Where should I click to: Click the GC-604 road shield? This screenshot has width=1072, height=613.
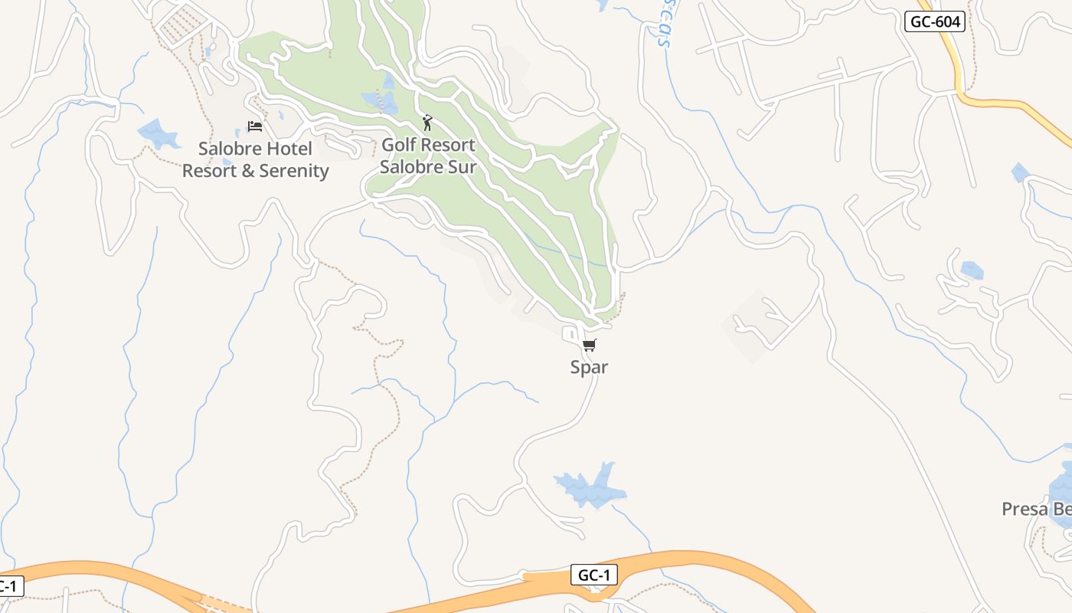coord(934,21)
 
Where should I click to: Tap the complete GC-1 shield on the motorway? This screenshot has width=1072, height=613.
coord(593,575)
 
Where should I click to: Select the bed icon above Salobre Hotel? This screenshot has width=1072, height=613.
coord(255,126)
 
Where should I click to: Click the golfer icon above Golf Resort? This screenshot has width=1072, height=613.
coord(427,123)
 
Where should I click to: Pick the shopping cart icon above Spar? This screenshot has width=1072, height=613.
coord(589,346)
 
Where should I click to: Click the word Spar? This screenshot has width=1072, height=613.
coord(589,367)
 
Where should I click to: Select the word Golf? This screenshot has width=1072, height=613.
coord(398,145)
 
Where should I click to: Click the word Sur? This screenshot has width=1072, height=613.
coord(462,166)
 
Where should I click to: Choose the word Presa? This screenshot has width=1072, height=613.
coord(1025,509)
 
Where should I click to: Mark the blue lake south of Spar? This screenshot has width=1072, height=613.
coord(590,487)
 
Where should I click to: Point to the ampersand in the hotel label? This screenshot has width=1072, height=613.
coord(247,171)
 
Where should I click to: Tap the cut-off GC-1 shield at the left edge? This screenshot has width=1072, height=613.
coord(9,587)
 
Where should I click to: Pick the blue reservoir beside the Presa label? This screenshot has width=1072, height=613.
coord(1062,490)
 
